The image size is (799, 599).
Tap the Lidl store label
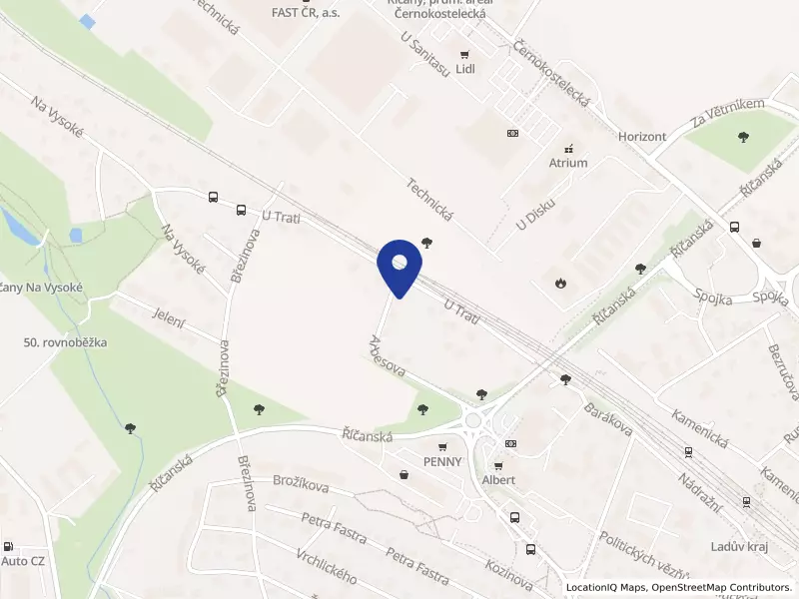pos(464,69)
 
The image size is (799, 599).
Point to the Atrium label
pos(568,162)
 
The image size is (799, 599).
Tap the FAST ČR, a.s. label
pos(306,12)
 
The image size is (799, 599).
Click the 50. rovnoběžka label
pos(65,342)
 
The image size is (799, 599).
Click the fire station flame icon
pos(560,283)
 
